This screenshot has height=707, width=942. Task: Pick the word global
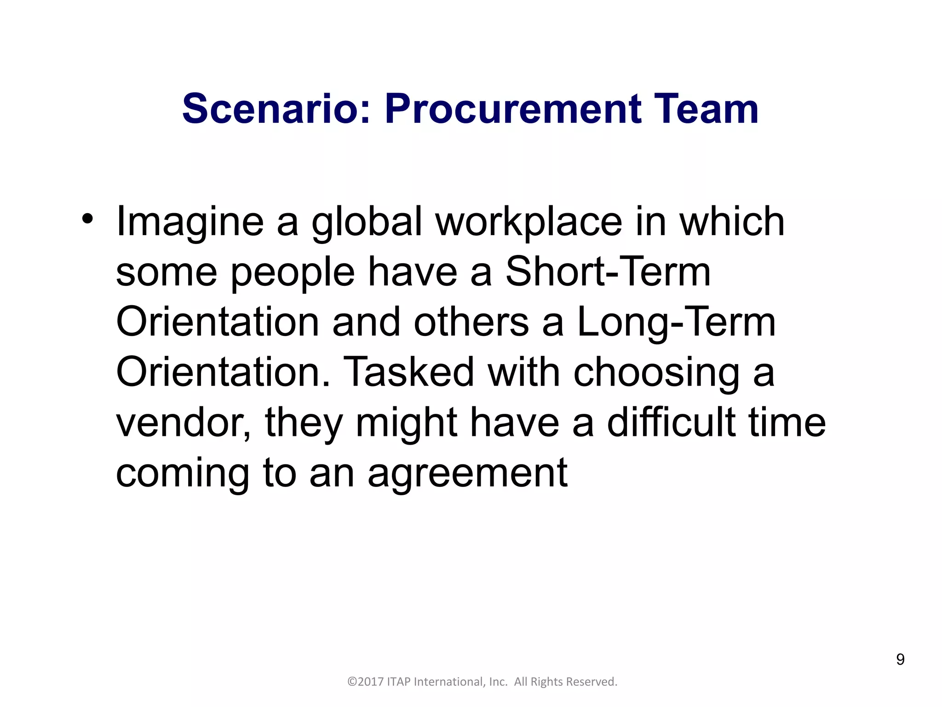(x=367, y=223)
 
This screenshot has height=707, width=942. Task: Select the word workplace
(x=529, y=223)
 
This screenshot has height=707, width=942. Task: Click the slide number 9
(x=900, y=660)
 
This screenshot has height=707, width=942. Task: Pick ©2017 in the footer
(x=366, y=682)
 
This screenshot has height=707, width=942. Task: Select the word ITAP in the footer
(x=399, y=682)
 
